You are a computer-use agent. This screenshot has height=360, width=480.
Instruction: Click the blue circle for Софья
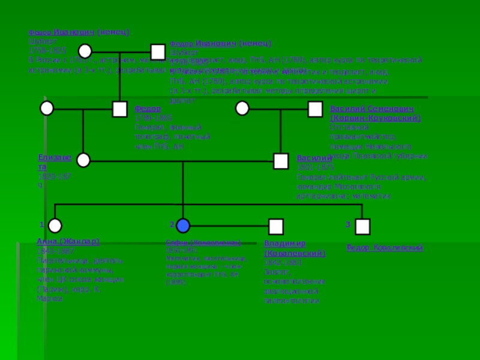pyautogui.click(x=183, y=226)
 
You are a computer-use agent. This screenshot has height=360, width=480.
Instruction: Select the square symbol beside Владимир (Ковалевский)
pyautogui.click(x=275, y=226)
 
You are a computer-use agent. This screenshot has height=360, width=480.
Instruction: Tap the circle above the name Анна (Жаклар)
pyautogui.click(x=55, y=226)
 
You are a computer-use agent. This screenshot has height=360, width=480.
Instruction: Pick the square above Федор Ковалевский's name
pyautogui.click(x=362, y=226)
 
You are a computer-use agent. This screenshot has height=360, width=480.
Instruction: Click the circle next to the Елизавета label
pyautogui.click(x=83, y=160)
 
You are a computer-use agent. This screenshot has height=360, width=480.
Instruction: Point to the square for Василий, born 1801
pyautogui.click(x=281, y=161)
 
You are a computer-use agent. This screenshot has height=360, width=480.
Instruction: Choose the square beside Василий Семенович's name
pyautogui.click(x=315, y=109)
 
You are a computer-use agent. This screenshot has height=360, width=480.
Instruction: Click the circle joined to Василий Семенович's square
pyautogui.click(x=242, y=108)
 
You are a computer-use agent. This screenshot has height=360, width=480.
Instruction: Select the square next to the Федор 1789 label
pyautogui.click(x=119, y=109)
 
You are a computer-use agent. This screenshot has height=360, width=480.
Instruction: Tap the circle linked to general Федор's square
pyautogui.click(x=47, y=108)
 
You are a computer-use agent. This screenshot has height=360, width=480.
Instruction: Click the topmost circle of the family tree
pyautogui.click(x=85, y=51)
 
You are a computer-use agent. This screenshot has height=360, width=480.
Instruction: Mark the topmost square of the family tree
pyautogui.click(x=158, y=52)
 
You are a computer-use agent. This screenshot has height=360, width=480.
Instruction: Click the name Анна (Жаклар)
pyautogui.click(x=68, y=241)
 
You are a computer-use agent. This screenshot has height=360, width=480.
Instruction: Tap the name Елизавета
pyautogui.click(x=54, y=161)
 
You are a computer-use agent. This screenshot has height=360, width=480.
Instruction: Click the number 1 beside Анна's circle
pyautogui.click(x=41, y=224)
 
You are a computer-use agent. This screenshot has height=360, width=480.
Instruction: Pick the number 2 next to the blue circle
pyautogui.click(x=172, y=224)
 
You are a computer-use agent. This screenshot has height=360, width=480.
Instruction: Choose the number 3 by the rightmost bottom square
pyautogui.click(x=348, y=224)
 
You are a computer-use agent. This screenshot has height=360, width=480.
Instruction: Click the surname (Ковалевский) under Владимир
pyautogui.click(x=295, y=253)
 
